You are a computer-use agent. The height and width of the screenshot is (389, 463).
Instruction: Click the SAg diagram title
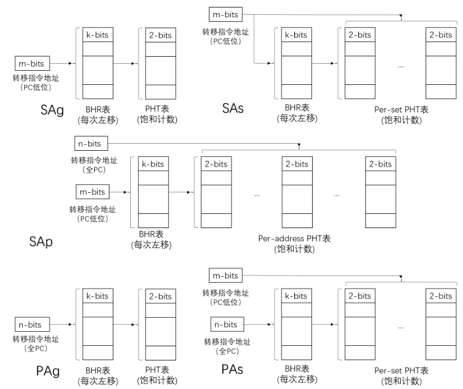click(52, 110)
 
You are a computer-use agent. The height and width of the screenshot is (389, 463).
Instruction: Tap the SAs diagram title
click(233, 108)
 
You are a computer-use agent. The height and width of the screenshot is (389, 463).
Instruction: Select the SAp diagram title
click(41, 242)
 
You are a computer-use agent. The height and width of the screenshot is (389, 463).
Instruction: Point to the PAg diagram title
click(48, 371)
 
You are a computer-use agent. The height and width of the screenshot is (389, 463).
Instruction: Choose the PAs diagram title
click(232, 369)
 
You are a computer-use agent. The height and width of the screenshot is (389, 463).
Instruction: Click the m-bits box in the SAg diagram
click(32, 63)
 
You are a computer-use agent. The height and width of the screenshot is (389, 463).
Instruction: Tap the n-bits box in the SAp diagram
click(91, 144)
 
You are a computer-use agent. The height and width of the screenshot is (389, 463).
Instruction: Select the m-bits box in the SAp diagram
click(92, 192)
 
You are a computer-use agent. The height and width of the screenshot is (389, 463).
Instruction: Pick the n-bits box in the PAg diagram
click(32, 324)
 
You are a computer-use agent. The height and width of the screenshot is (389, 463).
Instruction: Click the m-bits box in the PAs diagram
click(226, 276)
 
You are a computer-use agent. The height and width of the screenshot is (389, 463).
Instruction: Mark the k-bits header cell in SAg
click(98, 35)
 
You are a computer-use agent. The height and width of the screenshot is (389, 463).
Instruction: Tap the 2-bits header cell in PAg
click(161, 296)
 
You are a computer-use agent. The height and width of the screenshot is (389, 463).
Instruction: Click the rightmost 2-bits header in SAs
click(441, 35)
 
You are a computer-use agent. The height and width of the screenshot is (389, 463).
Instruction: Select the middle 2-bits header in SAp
click(297, 164)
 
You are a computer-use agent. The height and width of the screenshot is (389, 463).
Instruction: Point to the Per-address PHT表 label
click(294, 238)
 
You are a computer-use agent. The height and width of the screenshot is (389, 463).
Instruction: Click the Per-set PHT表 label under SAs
click(401, 110)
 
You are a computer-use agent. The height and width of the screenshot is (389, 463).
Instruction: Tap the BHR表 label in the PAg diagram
click(98, 371)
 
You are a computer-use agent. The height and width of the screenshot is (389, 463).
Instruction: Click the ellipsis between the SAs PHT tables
click(401, 67)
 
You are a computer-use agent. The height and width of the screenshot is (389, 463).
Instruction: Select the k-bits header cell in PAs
click(296, 296)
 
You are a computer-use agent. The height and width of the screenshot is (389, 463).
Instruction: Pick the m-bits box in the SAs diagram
click(226, 15)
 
